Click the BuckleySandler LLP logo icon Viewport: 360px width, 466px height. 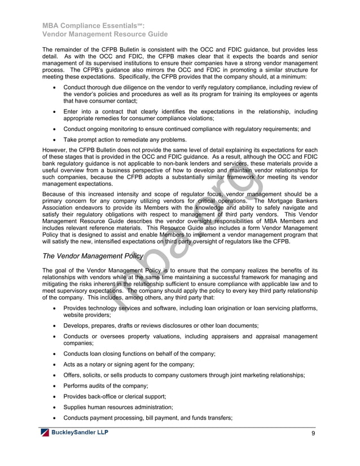pos(44,433)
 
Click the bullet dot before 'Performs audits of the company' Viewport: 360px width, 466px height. pos(53,385)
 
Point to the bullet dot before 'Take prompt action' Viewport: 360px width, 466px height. pos(53,140)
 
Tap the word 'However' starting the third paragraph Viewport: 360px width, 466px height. pos(57,151)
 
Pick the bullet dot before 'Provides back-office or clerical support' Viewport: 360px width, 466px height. pos(53,396)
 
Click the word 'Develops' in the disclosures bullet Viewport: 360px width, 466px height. pos(77,326)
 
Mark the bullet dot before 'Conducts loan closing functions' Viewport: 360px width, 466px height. pos(53,353)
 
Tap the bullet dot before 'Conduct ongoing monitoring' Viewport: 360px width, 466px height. pos(53,129)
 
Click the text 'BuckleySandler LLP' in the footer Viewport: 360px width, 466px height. pos(80,433)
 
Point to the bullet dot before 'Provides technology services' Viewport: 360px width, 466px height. pos(53,309)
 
